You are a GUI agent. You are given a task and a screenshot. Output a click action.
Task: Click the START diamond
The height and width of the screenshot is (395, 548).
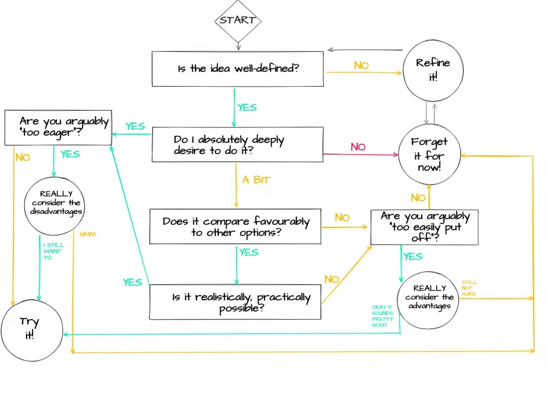click(238, 20)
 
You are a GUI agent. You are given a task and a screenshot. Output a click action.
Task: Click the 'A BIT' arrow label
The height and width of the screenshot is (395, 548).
click(256, 180)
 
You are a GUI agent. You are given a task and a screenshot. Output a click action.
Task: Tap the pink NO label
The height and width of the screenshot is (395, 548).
click(358, 147)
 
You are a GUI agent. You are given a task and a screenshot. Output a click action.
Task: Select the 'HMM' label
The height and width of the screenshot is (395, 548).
click(87, 234)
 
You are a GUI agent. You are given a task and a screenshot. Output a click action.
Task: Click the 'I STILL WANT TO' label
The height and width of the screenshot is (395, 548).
click(54, 251)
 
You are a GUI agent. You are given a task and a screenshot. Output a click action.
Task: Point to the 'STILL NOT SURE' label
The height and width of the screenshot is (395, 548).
click(469, 288)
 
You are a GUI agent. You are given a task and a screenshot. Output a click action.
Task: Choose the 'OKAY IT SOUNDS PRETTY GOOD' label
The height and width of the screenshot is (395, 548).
click(382, 316)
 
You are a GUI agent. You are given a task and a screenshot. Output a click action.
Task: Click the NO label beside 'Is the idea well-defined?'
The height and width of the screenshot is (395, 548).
click(361, 65)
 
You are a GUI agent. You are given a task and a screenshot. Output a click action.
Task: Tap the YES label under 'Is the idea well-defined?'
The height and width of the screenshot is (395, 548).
click(247, 108)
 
